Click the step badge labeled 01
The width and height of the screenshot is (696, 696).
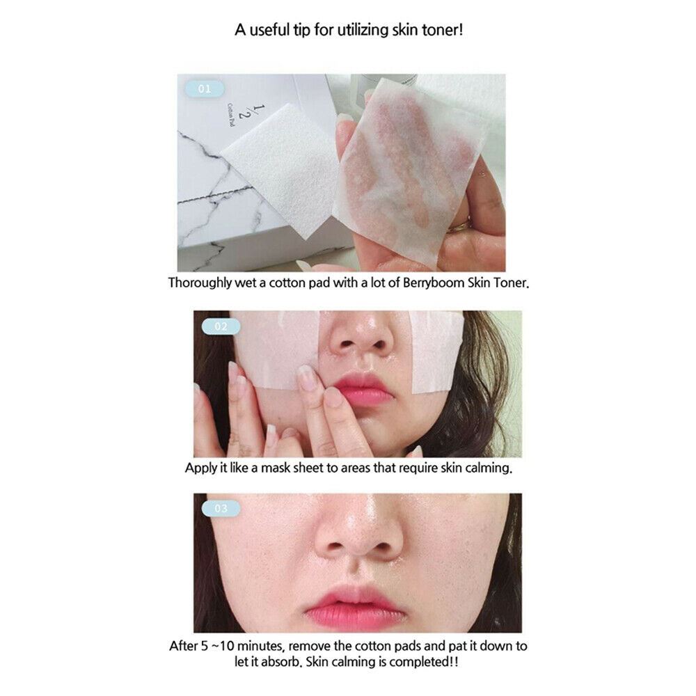[x=204, y=89]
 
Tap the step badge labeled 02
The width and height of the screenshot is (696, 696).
[x=221, y=326]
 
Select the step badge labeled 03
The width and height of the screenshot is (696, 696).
[x=221, y=508]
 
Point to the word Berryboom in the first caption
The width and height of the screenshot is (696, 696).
[x=433, y=283]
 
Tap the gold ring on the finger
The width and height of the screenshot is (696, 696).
[x=459, y=226]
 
